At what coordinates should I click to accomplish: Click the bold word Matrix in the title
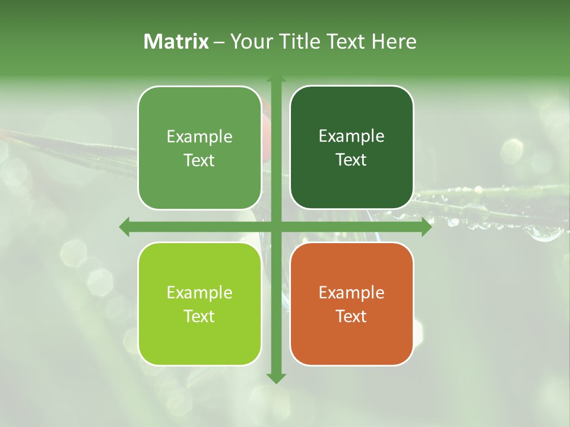pyautogui.click(x=176, y=42)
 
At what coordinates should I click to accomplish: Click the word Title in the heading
pyautogui.click(x=299, y=42)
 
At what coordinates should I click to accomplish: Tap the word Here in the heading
pyautogui.click(x=394, y=42)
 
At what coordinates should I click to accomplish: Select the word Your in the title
pyautogui.click(x=252, y=42)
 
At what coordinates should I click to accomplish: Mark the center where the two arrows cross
pyautogui.click(x=276, y=227)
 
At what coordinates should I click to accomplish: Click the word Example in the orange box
pyautogui.click(x=351, y=292)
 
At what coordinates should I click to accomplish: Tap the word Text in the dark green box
pyautogui.click(x=351, y=160)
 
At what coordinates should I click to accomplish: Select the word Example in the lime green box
pyautogui.click(x=199, y=292)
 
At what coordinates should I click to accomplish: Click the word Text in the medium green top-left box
pyautogui.click(x=199, y=161)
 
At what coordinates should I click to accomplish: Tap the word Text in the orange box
pyautogui.click(x=351, y=316)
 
